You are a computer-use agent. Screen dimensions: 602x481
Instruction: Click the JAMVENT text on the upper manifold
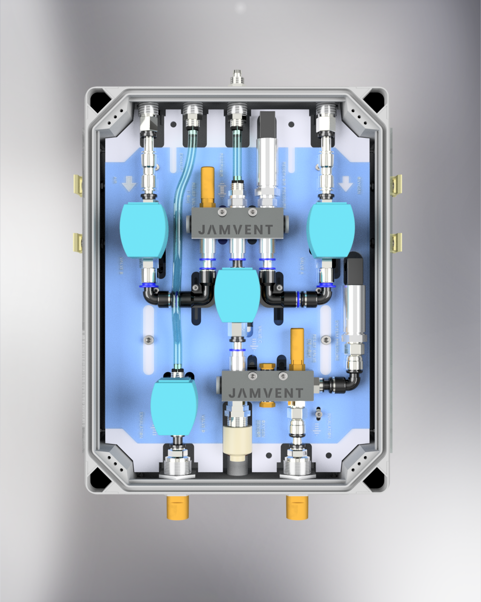pyautogui.click(x=235, y=230)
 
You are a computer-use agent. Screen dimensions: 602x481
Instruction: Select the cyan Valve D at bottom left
pyautogui.click(x=174, y=407)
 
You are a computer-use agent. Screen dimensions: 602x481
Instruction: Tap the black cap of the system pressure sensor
pyautogui.click(x=354, y=270)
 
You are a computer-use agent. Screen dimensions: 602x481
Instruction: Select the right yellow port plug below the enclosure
pyautogui.click(x=297, y=507)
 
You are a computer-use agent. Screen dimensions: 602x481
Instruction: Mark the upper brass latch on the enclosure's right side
pyautogui.click(x=397, y=184)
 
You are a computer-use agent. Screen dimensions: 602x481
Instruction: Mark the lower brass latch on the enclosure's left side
pyautogui.click(x=78, y=242)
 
